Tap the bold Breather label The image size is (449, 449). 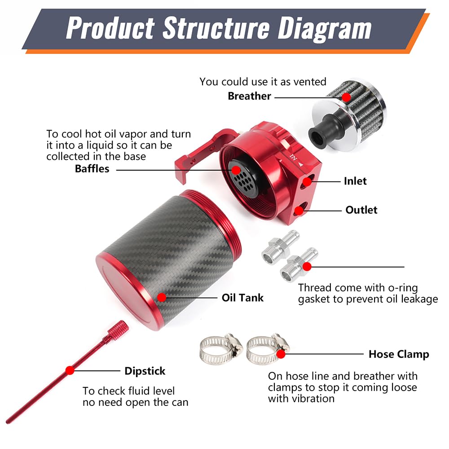249,96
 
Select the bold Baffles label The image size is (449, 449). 92,169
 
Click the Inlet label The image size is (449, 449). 355,181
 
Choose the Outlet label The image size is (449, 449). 361,210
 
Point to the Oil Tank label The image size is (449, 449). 242,297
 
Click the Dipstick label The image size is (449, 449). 145,371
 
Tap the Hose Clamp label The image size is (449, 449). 399,354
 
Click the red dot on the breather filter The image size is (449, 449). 346,97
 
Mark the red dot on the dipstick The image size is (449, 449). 70,370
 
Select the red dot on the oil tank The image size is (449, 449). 162,297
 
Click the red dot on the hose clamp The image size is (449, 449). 281,354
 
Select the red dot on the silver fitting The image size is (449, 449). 307,267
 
